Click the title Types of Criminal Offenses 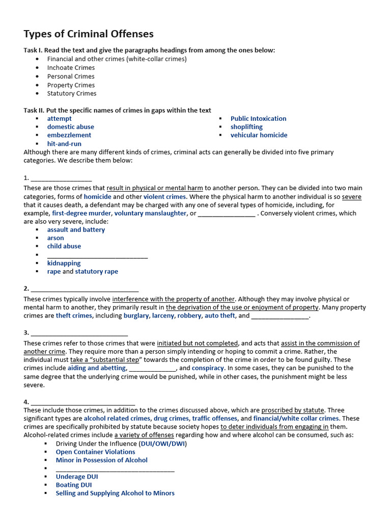[x=89, y=34]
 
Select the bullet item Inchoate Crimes [x=71, y=68]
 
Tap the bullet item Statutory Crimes [x=72, y=94]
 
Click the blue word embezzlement [x=69, y=135]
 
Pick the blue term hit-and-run [x=64, y=144]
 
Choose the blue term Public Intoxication [x=258, y=119]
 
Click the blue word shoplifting [x=246, y=127]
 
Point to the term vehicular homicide [x=259, y=135]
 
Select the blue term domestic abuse [x=71, y=127]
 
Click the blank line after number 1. [x=61, y=178]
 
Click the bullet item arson [x=55, y=238]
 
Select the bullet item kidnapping [x=64, y=263]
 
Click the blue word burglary [x=136, y=316]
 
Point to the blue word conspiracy [x=208, y=368]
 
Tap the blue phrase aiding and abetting [x=97, y=368]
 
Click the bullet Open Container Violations [x=95, y=452]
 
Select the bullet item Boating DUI [x=74, y=485]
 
